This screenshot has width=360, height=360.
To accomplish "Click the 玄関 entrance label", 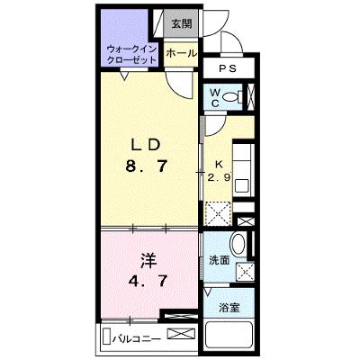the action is coord(182,23).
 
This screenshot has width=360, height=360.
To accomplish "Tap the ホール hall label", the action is coord(181,53).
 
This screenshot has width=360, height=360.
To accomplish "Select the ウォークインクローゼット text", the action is coord(132,54).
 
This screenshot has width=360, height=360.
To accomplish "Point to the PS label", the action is coord(228,68).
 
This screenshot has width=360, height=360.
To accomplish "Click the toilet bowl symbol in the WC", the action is coord(232,96).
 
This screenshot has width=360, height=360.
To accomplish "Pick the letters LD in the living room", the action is coord(144,146).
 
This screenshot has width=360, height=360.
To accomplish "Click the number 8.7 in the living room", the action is coord(146,166).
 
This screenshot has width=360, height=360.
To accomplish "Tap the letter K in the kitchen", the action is coord(219,164).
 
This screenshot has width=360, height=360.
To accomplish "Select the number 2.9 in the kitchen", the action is coord(220,178).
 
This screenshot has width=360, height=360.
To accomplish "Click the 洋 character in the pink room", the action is coord(148,261).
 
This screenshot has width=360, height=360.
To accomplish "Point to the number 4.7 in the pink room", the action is coord(148,281).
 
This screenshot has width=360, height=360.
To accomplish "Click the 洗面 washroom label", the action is coord(219,260).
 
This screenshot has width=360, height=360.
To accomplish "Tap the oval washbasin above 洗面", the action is coord(238,243).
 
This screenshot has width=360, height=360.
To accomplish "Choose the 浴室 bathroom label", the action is coord(229,308).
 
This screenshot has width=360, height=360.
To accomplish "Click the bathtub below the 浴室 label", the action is coord(229,337).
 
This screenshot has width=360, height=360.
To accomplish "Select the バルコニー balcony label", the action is coord(137,339).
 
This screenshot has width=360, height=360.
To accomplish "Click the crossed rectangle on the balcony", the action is coord(181,334).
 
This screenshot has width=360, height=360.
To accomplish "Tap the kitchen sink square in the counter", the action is coord(242,186).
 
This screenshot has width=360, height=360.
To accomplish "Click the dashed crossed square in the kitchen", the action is coord(218,213).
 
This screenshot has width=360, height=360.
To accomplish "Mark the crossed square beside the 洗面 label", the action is coord(245,272).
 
